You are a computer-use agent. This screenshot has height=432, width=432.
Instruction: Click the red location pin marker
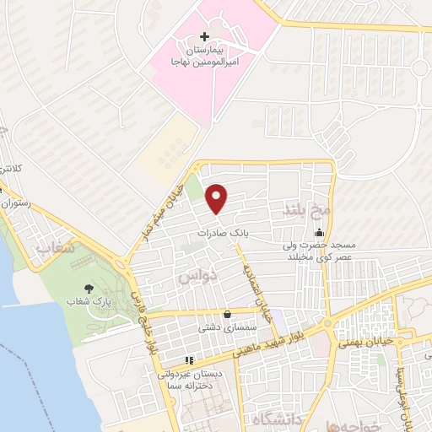218,198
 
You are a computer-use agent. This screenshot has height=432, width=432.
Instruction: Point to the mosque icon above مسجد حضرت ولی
319,234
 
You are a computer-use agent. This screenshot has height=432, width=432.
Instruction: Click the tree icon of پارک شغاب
90,288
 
